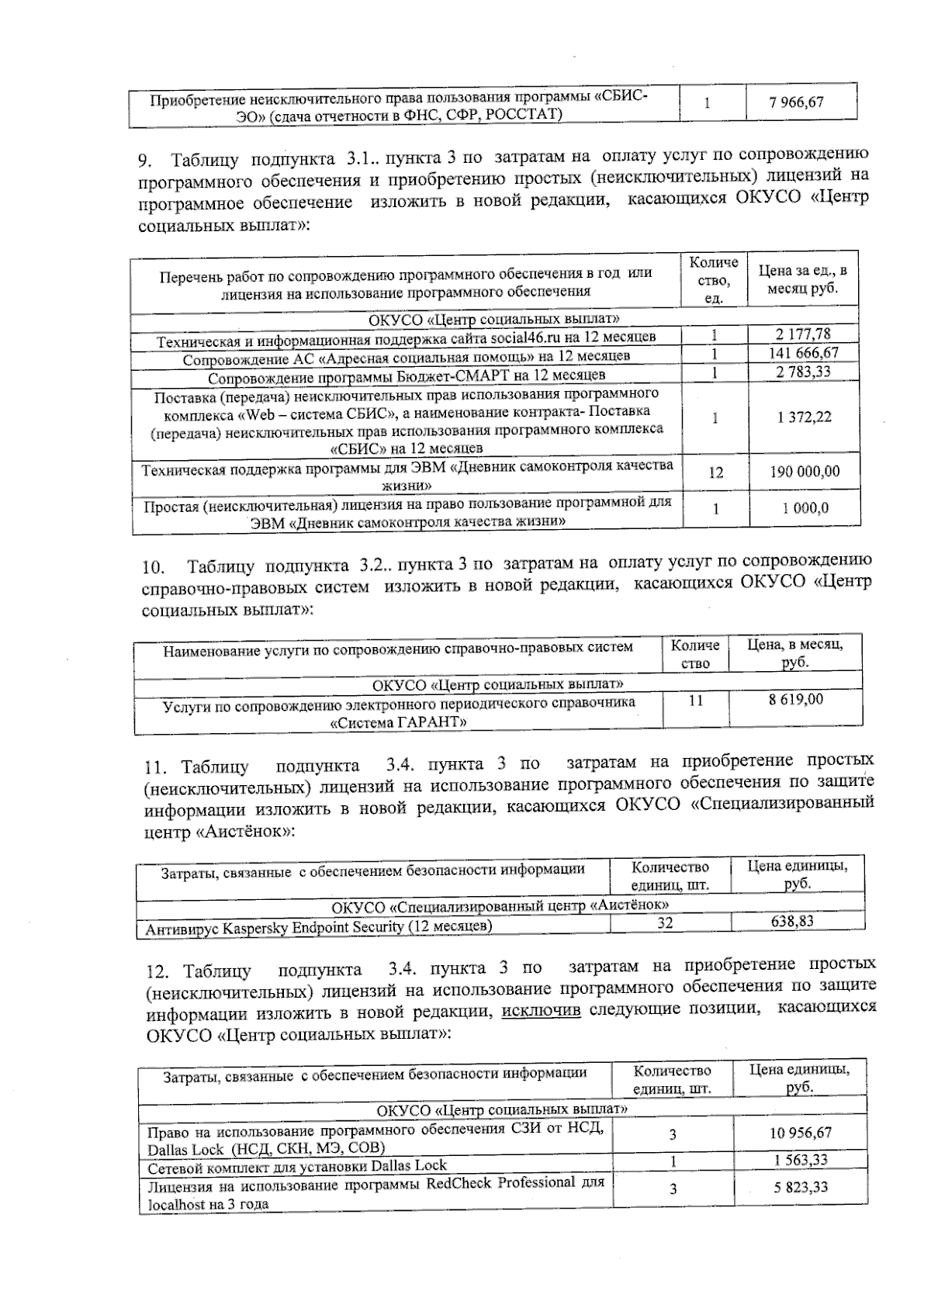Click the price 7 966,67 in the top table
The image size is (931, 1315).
point(796,102)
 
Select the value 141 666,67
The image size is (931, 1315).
point(803,353)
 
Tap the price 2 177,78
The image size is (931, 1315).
point(803,334)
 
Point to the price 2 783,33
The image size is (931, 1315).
point(803,372)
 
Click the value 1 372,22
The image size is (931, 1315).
point(804,417)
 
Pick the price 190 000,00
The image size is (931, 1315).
point(804,471)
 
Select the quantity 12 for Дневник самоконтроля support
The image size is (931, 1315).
point(715,472)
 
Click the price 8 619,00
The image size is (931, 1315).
point(796,698)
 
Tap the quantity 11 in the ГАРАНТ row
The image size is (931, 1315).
point(695,699)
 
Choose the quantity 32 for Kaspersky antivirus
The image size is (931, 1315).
point(664,922)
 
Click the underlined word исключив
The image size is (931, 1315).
point(542,1010)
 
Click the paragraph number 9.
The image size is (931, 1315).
point(144,161)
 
